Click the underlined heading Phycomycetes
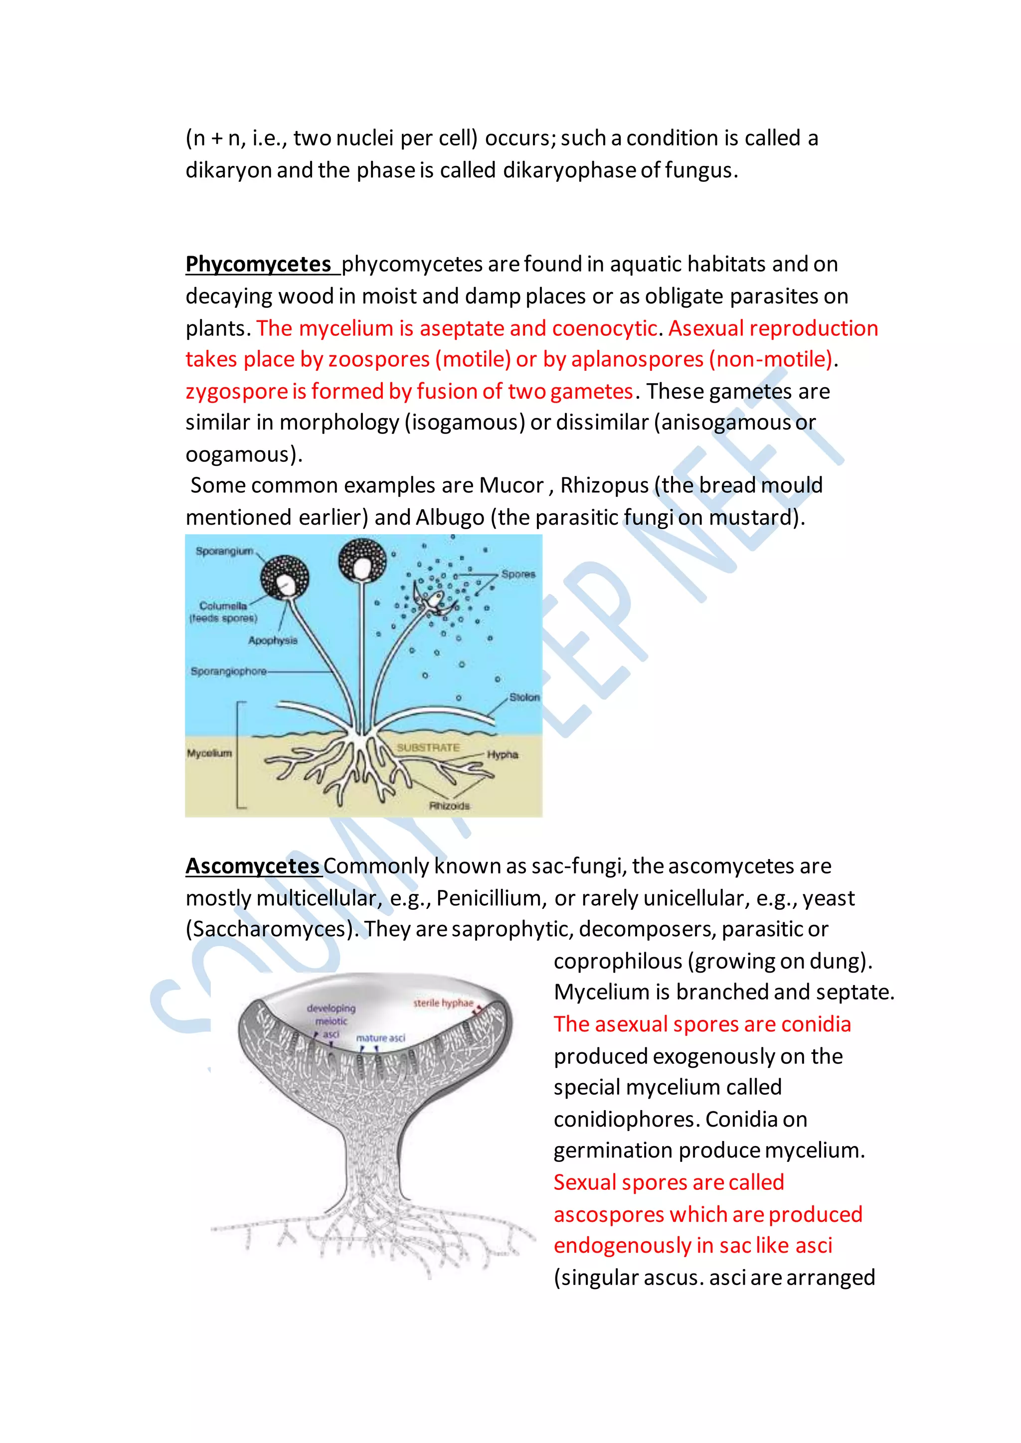tap(258, 265)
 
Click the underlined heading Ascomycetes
tap(253, 866)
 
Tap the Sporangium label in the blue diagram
tap(224, 551)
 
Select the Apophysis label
tap(273, 640)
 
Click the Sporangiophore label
tap(228, 671)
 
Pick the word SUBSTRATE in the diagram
tap(428, 747)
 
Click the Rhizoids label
tap(449, 806)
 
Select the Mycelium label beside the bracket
tap(209, 753)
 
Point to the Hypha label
tap(503, 754)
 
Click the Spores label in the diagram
tap(518, 575)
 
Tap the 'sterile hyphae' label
tap(443, 1003)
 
